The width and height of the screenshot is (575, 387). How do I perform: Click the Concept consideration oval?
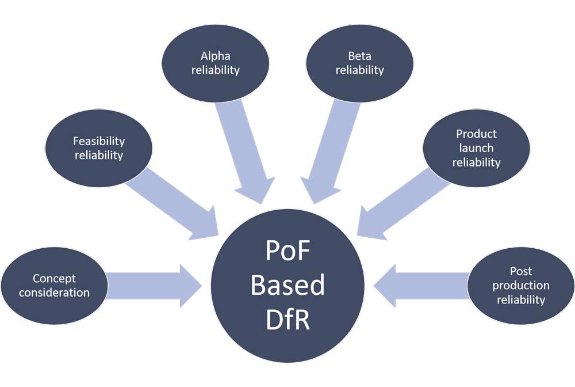pyautogui.click(x=54, y=286)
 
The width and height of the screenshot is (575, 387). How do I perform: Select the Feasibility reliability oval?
pyautogui.click(x=99, y=148)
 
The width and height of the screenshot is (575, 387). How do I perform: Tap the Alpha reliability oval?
pyautogui.click(x=215, y=63)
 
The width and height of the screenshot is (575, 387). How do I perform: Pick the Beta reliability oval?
pyautogui.click(x=359, y=63)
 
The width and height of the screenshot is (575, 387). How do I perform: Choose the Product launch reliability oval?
pyautogui.click(x=476, y=148)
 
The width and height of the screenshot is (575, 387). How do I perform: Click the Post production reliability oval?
pyautogui.click(x=521, y=286)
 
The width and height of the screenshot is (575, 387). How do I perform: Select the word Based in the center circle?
pyautogui.click(x=287, y=286)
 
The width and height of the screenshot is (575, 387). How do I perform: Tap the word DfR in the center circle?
pyautogui.click(x=287, y=320)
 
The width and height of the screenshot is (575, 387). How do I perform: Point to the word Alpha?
pyautogui.click(x=215, y=56)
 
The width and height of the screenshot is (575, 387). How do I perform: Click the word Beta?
pyautogui.click(x=359, y=56)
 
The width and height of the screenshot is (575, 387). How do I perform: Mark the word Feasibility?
pyautogui.click(x=99, y=141)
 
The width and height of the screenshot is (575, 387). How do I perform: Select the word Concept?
pyautogui.click(x=54, y=279)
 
